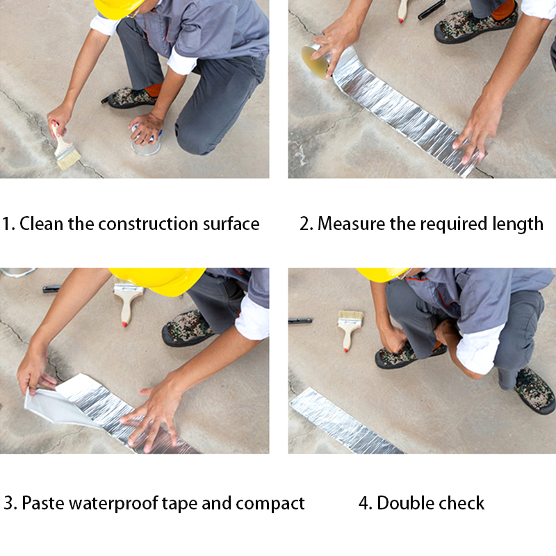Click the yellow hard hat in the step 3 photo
(158, 281)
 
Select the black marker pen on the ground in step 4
(300, 321)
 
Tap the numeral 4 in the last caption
(363, 503)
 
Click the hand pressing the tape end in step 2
(477, 129)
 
